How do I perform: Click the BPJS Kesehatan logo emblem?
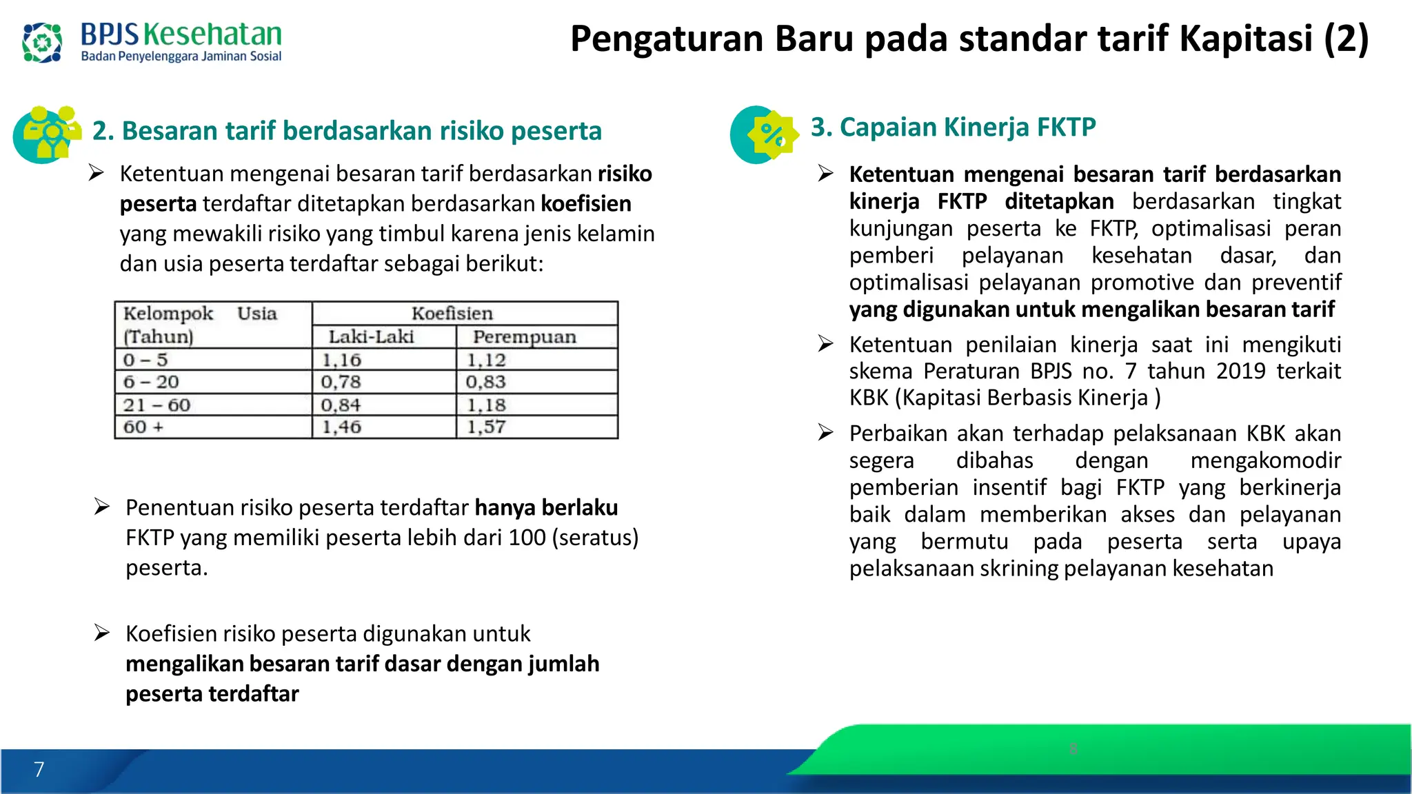pos(41,43)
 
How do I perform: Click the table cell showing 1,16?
pos(342,360)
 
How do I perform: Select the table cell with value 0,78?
pos(341,382)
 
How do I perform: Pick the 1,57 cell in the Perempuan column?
pos(487,427)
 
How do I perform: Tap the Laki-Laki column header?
pos(371,337)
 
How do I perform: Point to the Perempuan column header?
pos(524,337)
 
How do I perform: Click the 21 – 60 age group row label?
pos(157,405)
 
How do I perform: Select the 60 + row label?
pos(143,427)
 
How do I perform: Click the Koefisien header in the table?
pos(452,314)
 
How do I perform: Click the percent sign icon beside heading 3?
pos(771,134)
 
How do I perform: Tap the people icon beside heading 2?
pos(48,134)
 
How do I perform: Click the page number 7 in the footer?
pos(39,769)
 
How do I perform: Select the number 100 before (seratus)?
pos(527,538)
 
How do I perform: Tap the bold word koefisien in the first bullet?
pos(586,204)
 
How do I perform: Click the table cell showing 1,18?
pos(487,405)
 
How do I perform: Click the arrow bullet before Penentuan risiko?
pos(102,507)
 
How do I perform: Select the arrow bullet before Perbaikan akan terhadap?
pos(826,433)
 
